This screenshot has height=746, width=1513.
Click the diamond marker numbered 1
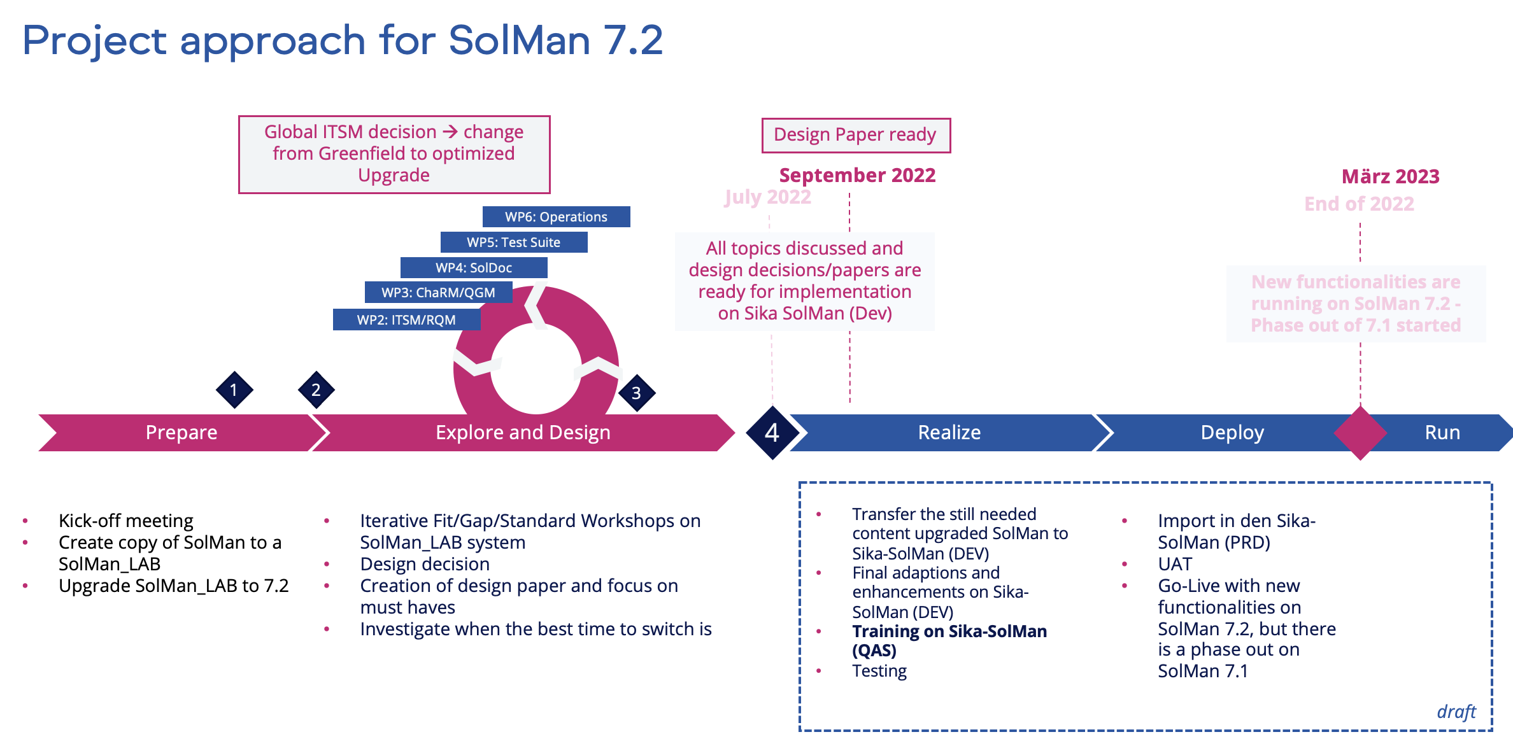pyautogui.click(x=234, y=390)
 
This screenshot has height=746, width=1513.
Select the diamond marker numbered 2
pyautogui.click(x=316, y=390)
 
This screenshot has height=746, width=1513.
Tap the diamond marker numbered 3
pyautogui.click(x=636, y=393)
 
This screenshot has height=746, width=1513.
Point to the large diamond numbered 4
pyautogui.click(x=772, y=433)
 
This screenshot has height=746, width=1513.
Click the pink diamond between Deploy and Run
pyautogui.click(x=1360, y=433)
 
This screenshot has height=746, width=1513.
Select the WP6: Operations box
pyautogui.click(x=556, y=216)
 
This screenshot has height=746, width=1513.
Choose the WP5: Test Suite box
pyautogui.click(x=513, y=242)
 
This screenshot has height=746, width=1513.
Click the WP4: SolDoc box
pyautogui.click(x=473, y=267)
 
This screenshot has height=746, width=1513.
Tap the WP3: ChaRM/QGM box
pyautogui.click(x=438, y=293)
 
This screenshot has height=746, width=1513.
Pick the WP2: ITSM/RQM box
pyautogui.click(x=406, y=320)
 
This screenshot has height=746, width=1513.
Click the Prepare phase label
pyautogui.click(x=181, y=433)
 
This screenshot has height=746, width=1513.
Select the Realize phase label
pyautogui.click(x=949, y=433)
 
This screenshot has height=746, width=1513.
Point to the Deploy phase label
pyautogui.click(x=1232, y=433)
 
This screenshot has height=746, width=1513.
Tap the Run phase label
pyautogui.click(x=1442, y=433)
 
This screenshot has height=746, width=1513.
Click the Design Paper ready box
pyautogui.click(x=855, y=135)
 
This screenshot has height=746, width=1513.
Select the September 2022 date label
pyautogui.click(x=857, y=175)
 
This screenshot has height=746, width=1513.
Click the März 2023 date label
pyautogui.click(x=1390, y=176)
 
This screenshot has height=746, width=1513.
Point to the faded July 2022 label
pyautogui.click(x=767, y=197)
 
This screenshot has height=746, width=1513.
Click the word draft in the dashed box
pyautogui.click(x=1456, y=712)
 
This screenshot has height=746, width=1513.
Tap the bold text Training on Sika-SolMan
pyautogui.click(x=949, y=631)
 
